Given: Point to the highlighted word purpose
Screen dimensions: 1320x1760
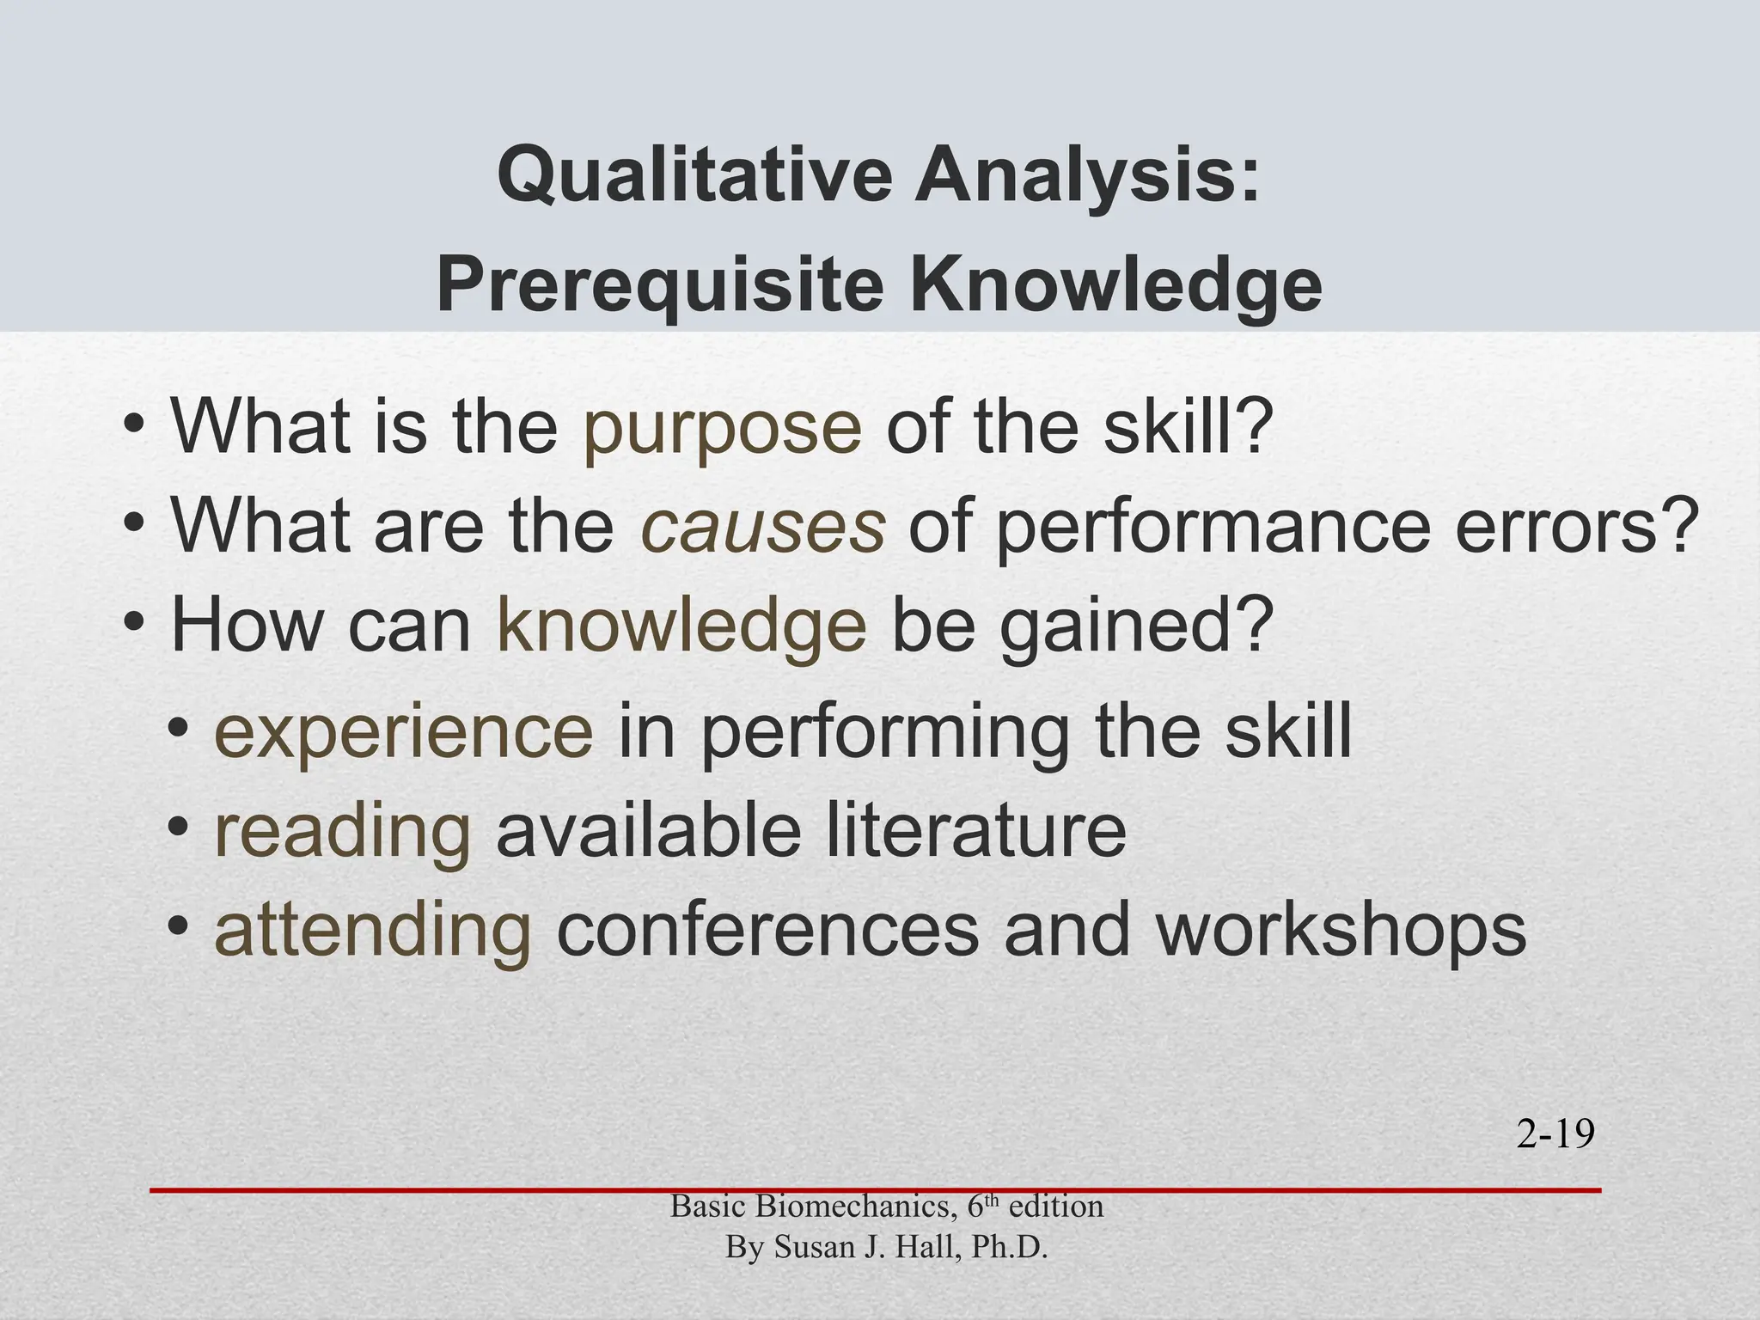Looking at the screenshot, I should tap(722, 428).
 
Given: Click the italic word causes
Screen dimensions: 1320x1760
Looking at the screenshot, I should tap(762, 526).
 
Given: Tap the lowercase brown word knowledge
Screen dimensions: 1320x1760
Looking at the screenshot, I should tap(681, 626).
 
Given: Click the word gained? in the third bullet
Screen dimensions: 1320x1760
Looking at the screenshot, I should tap(1134, 626).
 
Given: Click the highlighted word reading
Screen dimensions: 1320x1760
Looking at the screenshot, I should tap(342, 831).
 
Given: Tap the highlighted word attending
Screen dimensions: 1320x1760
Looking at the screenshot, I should tap(373, 931).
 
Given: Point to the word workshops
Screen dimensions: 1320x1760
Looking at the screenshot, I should tap(1341, 931).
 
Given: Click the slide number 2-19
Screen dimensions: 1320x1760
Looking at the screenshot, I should tap(1555, 1135).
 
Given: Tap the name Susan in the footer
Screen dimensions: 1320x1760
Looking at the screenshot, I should tap(812, 1247).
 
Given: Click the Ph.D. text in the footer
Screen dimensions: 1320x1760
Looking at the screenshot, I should tap(1009, 1247).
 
